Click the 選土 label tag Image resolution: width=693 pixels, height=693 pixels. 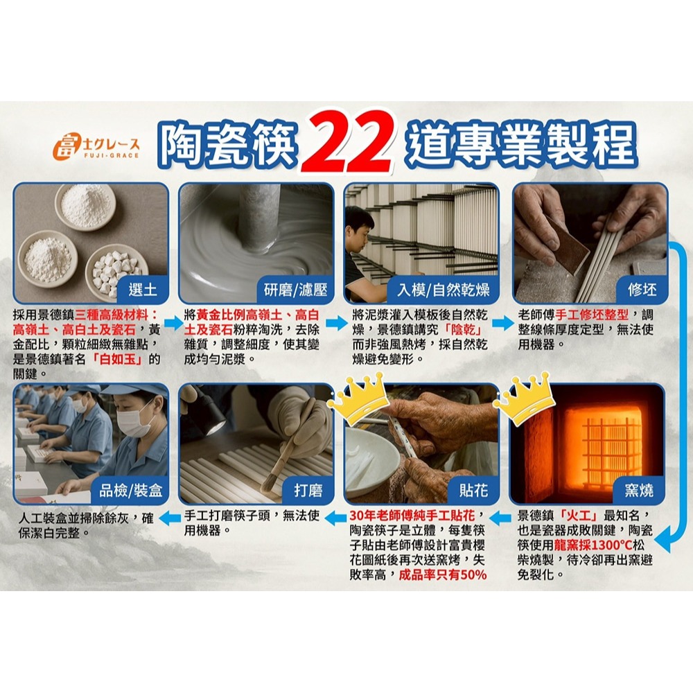pyautogui.click(x=143, y=289)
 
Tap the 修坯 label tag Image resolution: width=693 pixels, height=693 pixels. pyautogui.click(x=642, y=289)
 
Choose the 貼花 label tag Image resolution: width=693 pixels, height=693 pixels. pyautogui.click(x=473, y=491)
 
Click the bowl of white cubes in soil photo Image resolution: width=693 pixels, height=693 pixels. pyautogui.click(x=116, y=271)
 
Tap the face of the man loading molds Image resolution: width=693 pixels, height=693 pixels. pyautogui.click(x=360, y=227)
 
